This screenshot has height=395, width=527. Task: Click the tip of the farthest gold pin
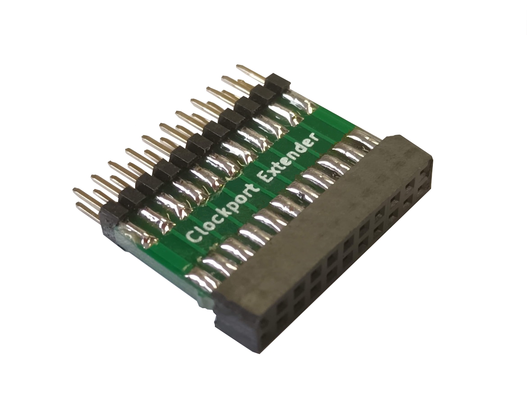click(238, 67)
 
